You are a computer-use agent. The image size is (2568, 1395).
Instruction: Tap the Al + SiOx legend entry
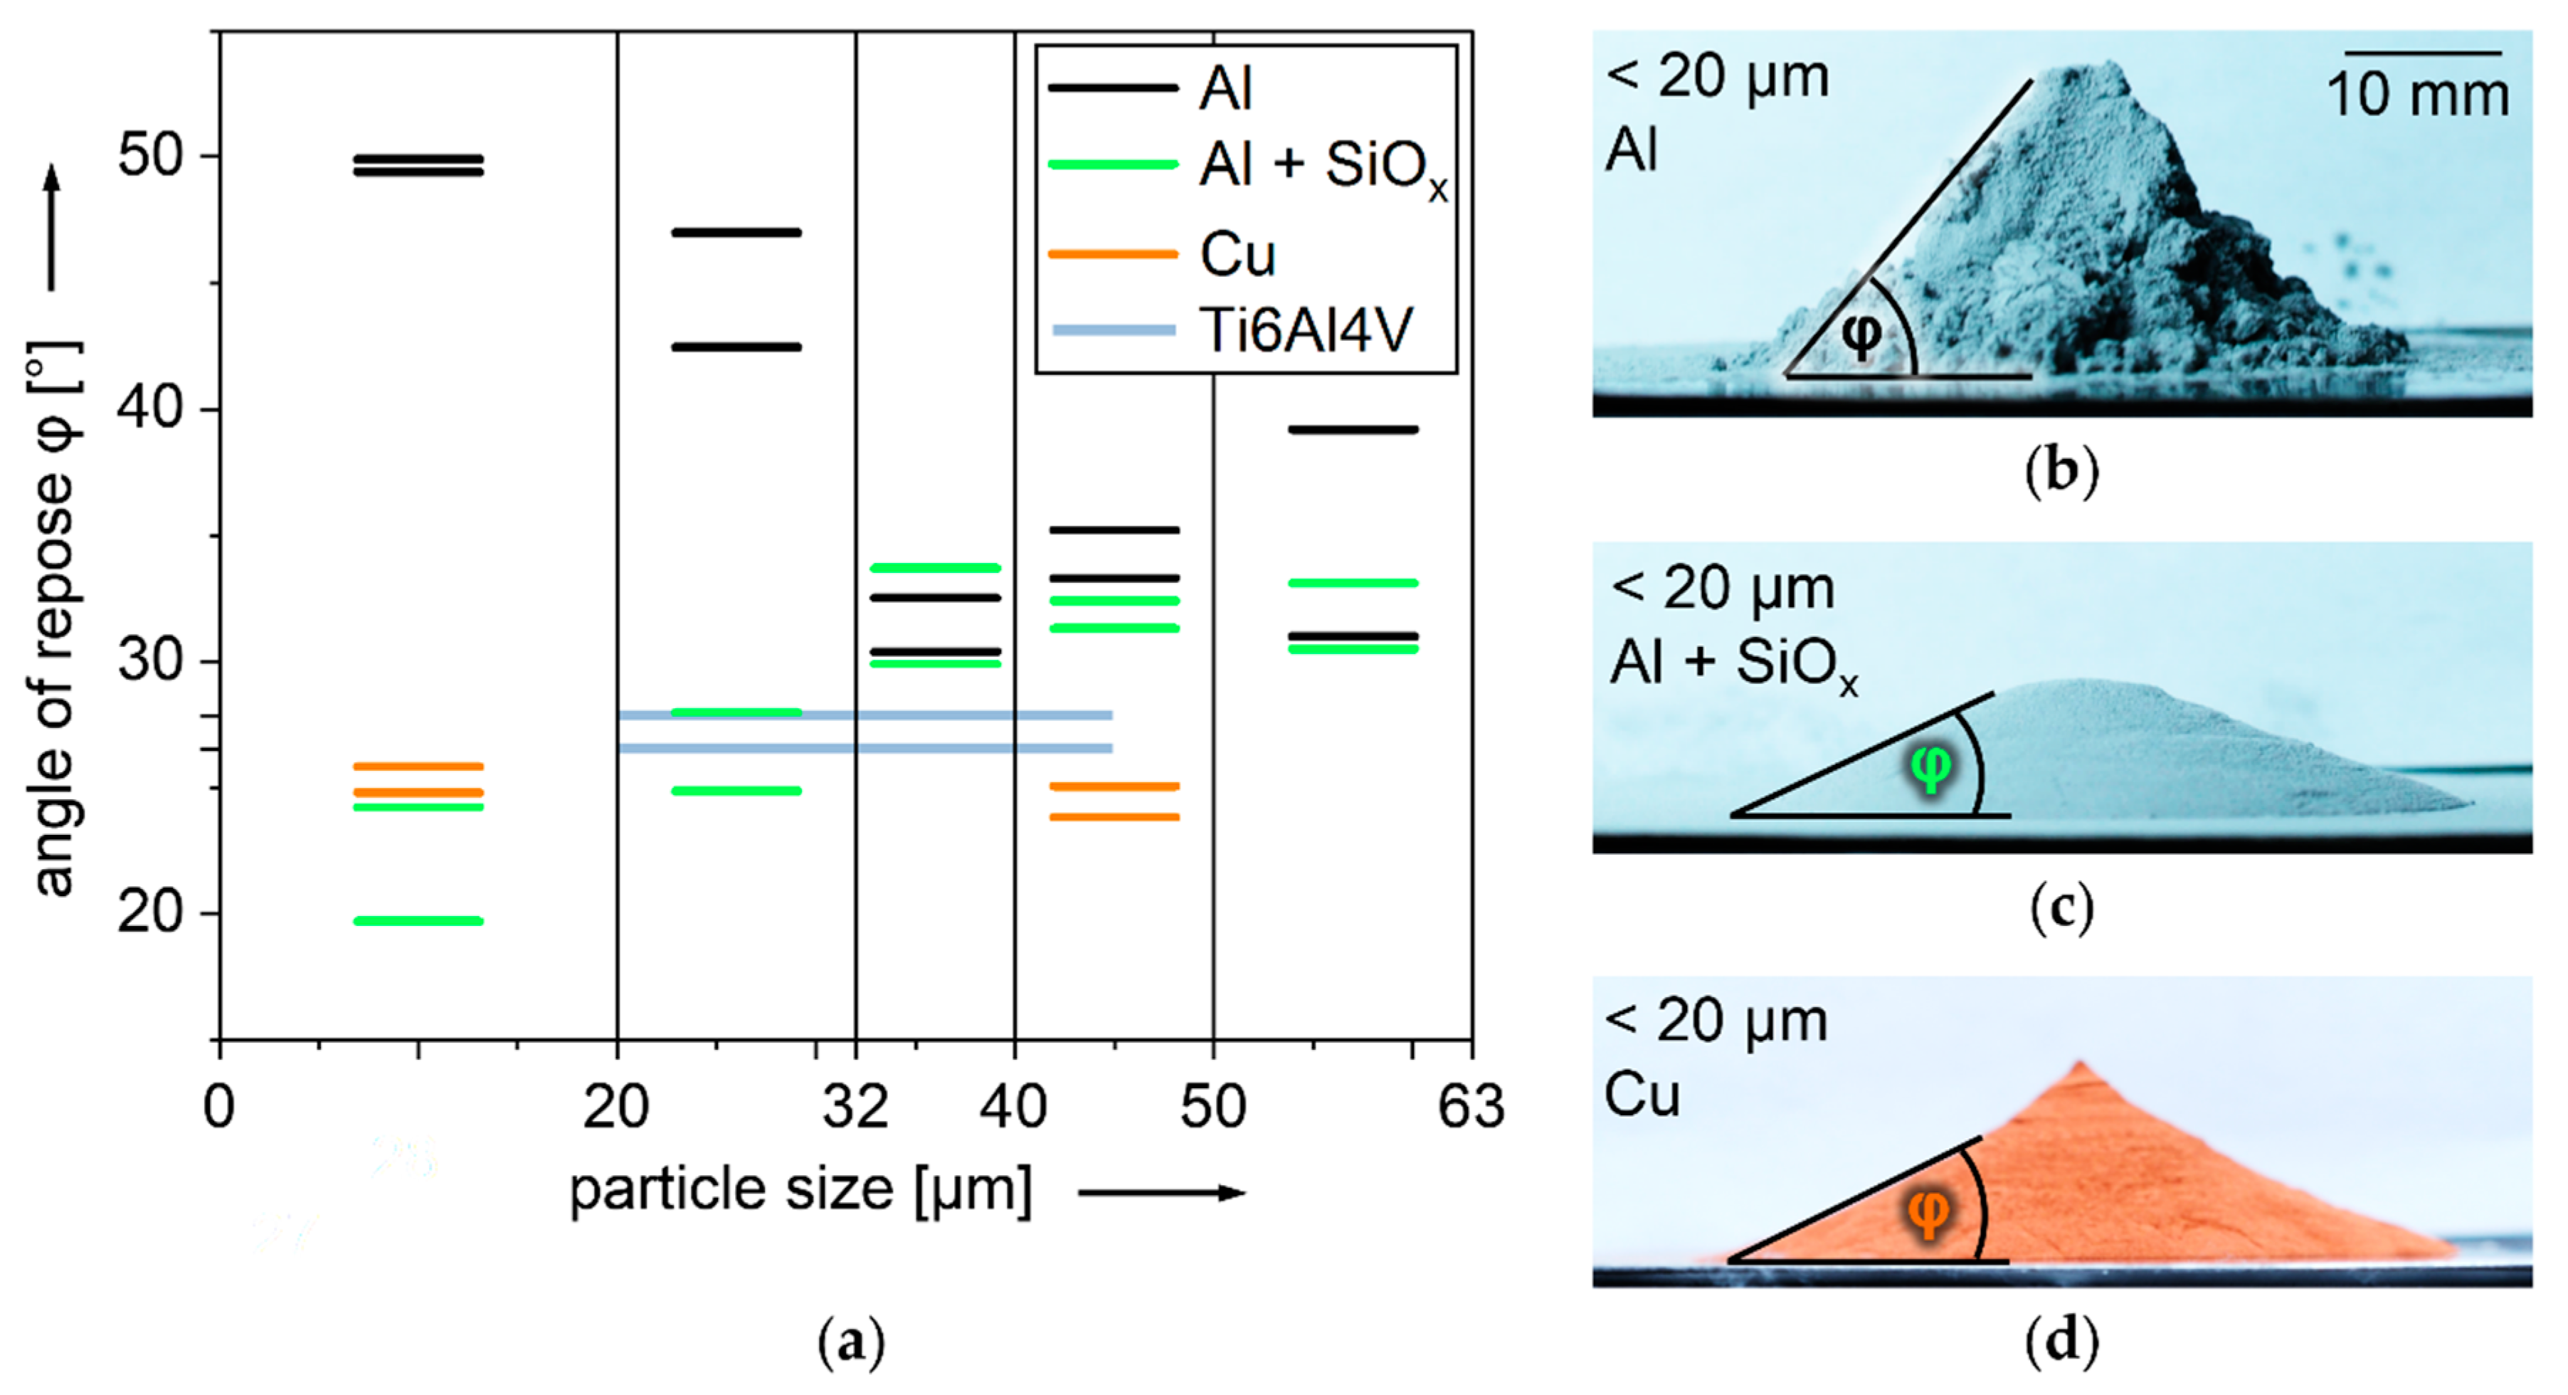click(1321, 167)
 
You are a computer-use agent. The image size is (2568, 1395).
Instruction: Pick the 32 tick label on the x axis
click(855, 1107)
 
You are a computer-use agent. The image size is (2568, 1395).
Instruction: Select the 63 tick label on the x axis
click(1470, 1107)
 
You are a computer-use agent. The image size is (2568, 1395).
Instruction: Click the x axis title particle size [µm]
click(800, 1189)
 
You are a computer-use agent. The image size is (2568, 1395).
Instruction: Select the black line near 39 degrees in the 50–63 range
click(1353, 430)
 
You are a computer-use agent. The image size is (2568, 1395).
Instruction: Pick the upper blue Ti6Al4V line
click(865, 715)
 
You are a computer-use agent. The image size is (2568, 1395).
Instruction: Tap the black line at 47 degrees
click(736, 232)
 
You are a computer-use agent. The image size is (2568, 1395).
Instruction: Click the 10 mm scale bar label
click(2417, 95)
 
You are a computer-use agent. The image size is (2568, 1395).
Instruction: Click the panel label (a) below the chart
click(850, 1343)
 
